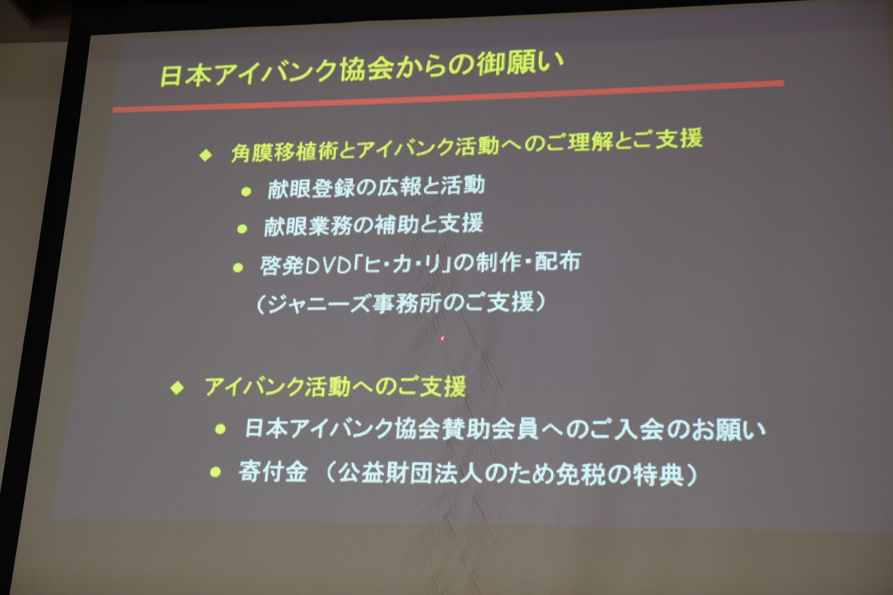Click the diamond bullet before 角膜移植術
click(205, 155)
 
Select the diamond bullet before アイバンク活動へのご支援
click(177, 389)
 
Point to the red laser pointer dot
click(442, 338)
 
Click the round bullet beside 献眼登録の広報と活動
click(246, 192)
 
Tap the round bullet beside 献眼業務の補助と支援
click(242, 229)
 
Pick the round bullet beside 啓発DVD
click(238, 268)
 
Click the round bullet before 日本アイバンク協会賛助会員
click(220, 429)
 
